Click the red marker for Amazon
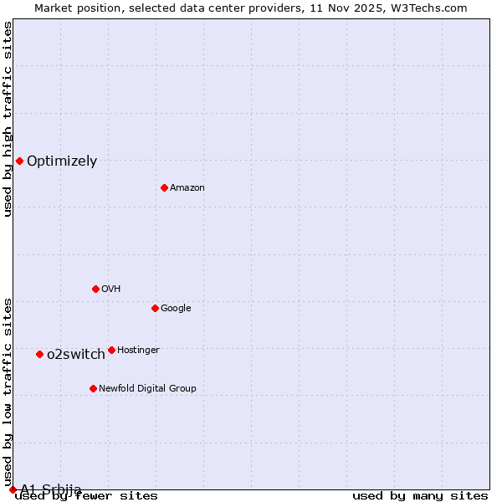point(164,187)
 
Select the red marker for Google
point(155,308)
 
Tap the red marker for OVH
point(95,289)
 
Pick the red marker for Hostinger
point(111,350)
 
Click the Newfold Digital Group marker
point(93,388)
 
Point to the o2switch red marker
point(39,354)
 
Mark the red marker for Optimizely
point(19,161)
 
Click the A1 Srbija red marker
point(13,489)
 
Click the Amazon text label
point(187,187)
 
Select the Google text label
point(176,308)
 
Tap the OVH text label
point(110,289)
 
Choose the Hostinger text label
point(138,350)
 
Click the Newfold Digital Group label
point(147,388)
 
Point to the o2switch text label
point(76,354)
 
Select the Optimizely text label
point(62,161)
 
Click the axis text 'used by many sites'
point(420,496)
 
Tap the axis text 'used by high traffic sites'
point(8,119)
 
